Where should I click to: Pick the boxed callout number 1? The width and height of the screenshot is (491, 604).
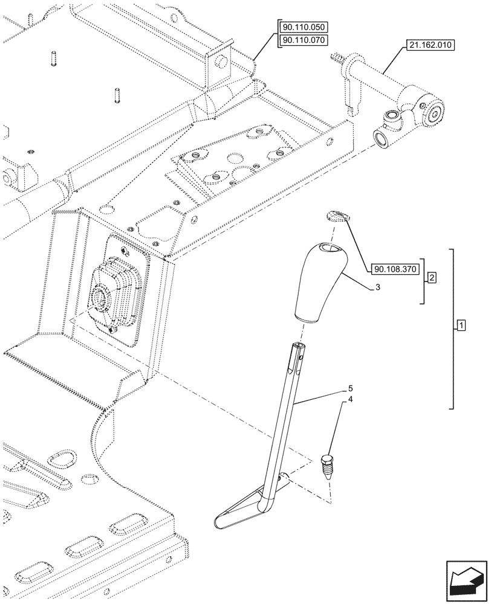click(461, 327)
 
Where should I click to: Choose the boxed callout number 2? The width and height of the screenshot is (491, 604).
click(432, 278)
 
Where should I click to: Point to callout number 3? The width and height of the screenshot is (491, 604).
click(377, 288)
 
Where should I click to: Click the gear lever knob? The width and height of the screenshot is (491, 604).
click(319, 284)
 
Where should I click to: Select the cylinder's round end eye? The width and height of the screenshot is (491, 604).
click(435, 112)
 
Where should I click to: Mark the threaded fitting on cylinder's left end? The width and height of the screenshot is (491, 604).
click(336, 59)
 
